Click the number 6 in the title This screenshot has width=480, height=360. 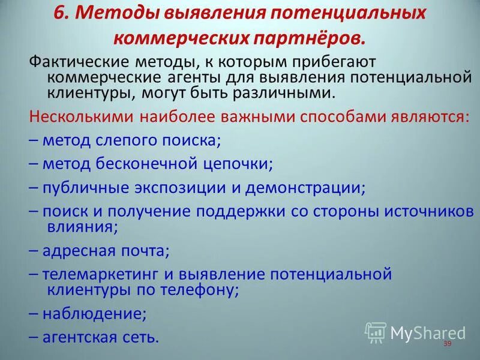[59, 13]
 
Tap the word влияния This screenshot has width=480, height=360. [81, 226]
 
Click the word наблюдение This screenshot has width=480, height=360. [94, 313]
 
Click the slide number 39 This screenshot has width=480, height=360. [446, 344]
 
